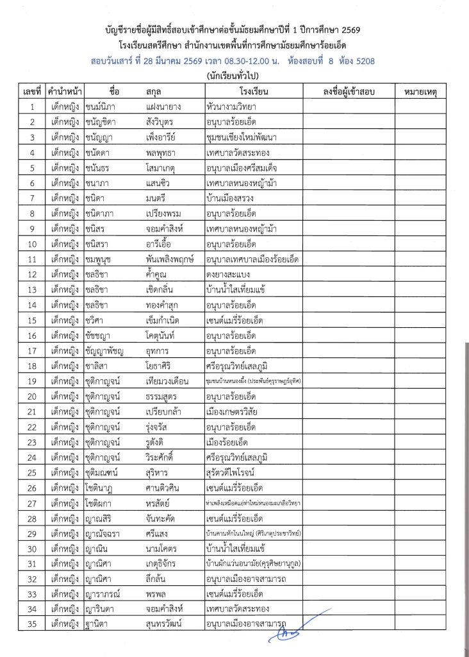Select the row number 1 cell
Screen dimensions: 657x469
pyautogui.click(x=31, y=107)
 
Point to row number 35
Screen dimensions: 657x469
pyautogui.click(x=31, y=622)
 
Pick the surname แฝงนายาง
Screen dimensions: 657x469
pyautogui.click(x=164, y=107)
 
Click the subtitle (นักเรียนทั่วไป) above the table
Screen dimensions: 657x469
pyautogui.click(x=234, y=76)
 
